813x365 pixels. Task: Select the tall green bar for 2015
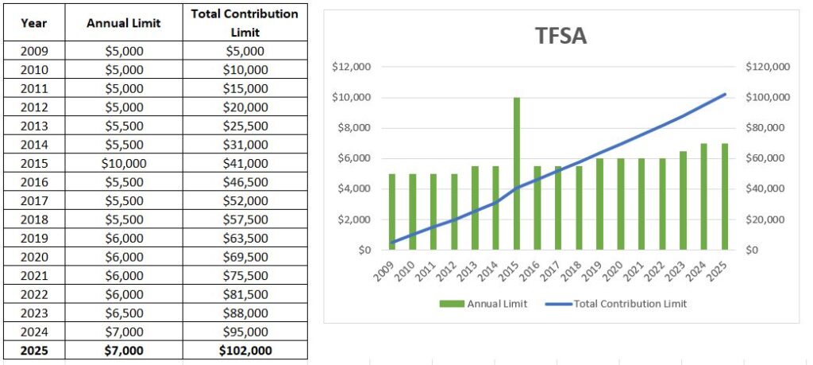coord(517,173)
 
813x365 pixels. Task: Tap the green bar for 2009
coord(392,212)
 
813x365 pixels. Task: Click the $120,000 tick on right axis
coord(768,67)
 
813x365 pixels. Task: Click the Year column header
coord(33,23)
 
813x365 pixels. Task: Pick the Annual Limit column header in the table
coord(123,23)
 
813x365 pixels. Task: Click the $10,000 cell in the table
coord(123,163)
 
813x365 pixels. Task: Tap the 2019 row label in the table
coord(33,238)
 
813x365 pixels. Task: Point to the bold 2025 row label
coord(33,350)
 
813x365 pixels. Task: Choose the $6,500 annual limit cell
coord(123,313)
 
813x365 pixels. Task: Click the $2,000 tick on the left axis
coord(353,219)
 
